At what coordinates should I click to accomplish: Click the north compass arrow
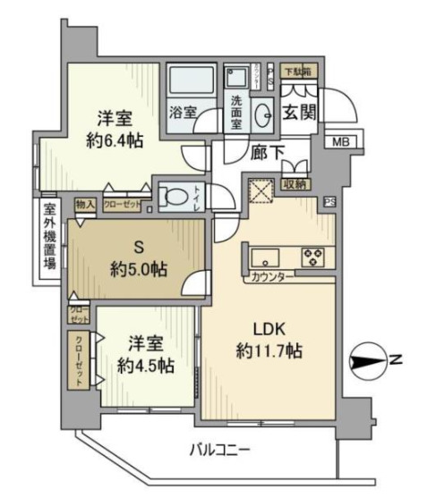coord(368,361)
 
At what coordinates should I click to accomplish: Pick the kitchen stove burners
coord(314,257)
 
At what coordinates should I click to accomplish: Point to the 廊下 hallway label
coord(267,153)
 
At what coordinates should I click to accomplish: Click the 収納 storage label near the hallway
coord(293,183)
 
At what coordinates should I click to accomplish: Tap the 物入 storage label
coord(85,204)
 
